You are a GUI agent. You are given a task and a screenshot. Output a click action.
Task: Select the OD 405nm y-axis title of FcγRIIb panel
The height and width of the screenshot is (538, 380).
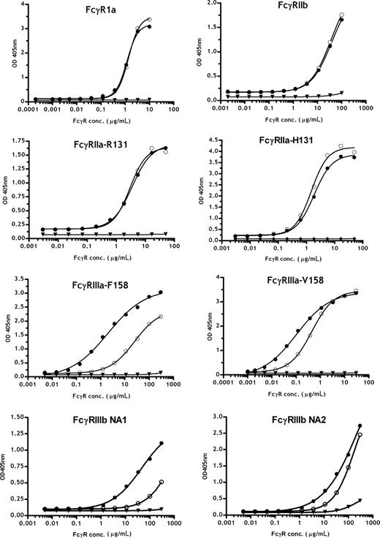pyautogui.click(x=201, y=51)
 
